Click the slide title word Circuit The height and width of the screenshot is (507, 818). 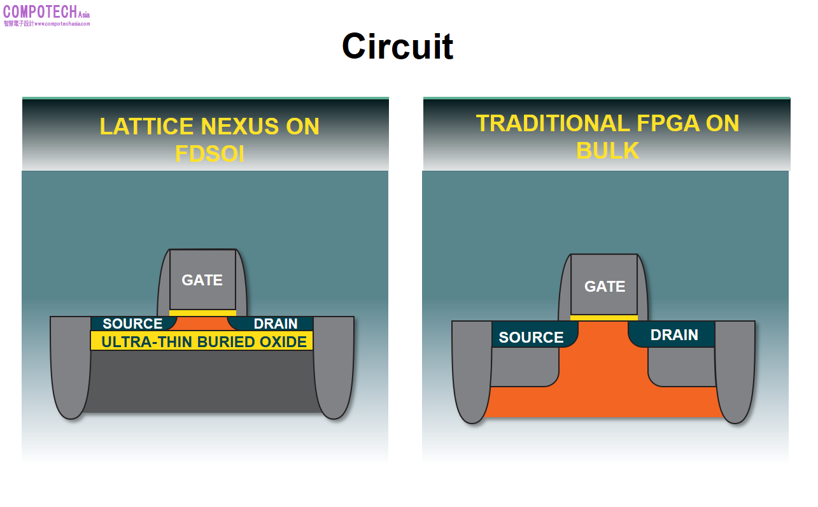(x=397, y=46)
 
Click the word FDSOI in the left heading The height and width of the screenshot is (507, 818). (x=209, y=154)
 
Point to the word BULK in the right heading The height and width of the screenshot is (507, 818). (x=607, y=151)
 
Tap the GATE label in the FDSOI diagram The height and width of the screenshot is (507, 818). (x=202, y=280)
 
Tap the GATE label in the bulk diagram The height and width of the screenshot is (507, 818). (x=604, y=287)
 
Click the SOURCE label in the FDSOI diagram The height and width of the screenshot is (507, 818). (x=132, y=324)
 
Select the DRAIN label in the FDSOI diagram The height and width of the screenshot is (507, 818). (x=275, y=324)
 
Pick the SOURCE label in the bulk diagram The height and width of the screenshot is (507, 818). (x=531, y=338)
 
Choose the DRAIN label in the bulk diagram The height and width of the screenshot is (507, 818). (x=674, y=335)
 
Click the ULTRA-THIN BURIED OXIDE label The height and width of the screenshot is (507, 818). (x=204, y=342)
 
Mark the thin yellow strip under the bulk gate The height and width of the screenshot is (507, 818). (x=603, y=317)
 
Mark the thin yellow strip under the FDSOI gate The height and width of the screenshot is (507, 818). (x=202, y=313)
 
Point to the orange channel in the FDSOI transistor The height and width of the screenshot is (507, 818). (x=202, y=323)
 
